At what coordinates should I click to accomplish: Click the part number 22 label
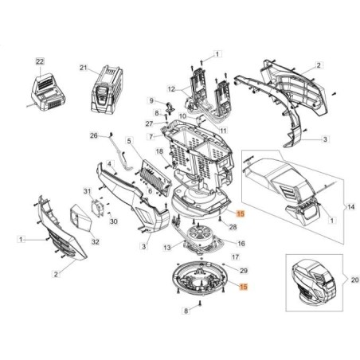40,61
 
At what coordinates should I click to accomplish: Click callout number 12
171,88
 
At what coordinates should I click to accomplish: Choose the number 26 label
94,136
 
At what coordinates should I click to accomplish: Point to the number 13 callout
166,248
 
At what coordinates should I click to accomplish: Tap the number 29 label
244,272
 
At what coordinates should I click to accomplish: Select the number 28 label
233,227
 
